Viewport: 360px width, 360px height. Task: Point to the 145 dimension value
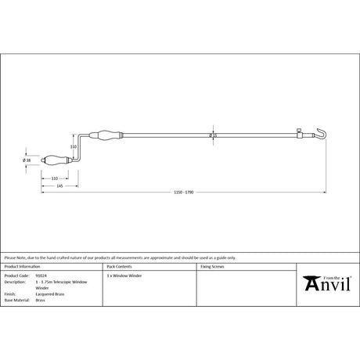(x=59, y=185)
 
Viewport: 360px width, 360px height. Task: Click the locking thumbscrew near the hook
(x=300, y=131)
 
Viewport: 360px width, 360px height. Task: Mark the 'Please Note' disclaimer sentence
(x=117, y=257)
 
